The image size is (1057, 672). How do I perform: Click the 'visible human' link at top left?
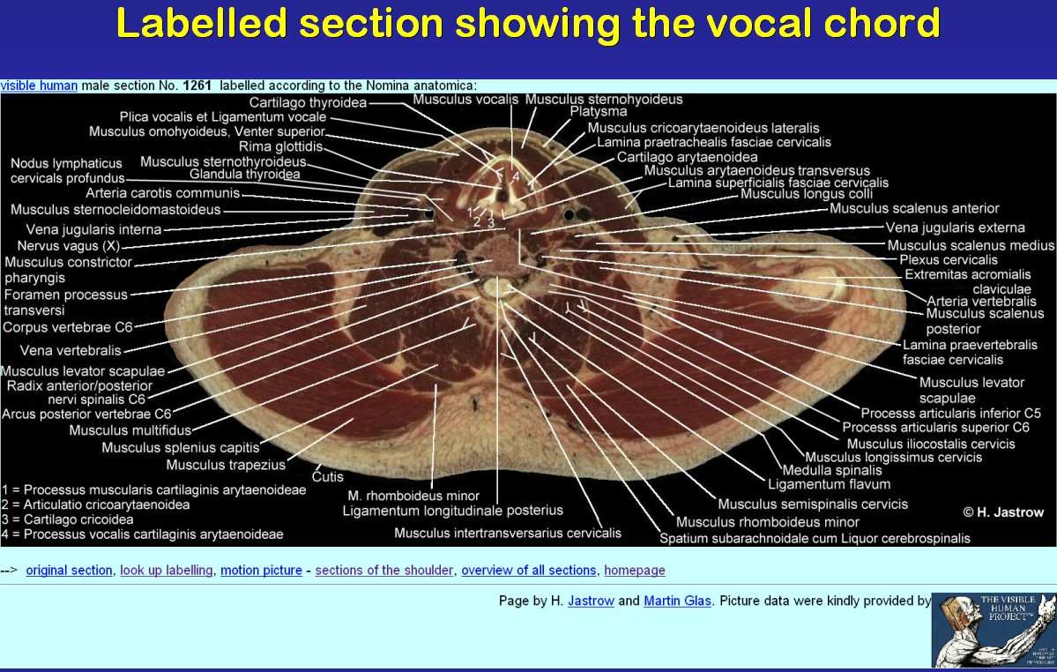click(x=39, y=86)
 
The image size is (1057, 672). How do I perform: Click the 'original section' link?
click(x=69, y=571)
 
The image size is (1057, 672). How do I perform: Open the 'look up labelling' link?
click(x=167, y=571)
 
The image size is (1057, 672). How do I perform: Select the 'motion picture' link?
click(x=261, y=571)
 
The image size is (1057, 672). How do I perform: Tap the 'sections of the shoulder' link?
click(x=384, y=571)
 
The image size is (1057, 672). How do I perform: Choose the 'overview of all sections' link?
click(x=529, y=571)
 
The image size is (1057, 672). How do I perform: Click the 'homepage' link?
click(x=635, y=571)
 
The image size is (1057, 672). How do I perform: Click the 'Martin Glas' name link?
click(x=677, y=601)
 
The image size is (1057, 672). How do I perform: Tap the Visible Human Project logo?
click(x=994, y=631)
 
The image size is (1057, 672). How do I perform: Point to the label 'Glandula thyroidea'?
click(x=245, y=174)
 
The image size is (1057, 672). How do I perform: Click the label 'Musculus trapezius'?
click(x=226, y=465)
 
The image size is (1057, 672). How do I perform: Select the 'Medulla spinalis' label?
click(x=832, y=470)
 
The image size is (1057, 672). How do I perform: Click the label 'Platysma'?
click(x=599, y=111)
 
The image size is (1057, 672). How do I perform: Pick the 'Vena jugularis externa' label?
click(x=956, y=228)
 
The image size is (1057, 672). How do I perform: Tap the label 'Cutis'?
click(x=328, y=476)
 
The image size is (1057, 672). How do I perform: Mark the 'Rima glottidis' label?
click(x=281, y=146)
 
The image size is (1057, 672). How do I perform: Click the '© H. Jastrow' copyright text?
click(x=1003, y=512)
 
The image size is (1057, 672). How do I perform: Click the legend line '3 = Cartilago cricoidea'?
click(x=67, y=519)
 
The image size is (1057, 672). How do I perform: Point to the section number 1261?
click(x=197, y=86)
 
